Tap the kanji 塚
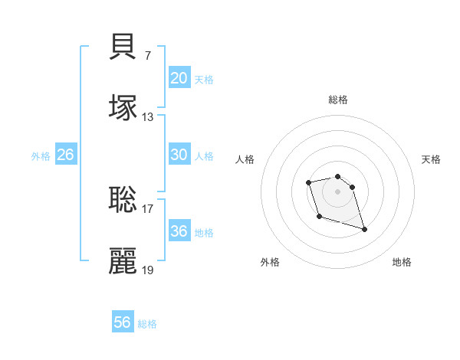123,106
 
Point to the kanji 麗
123,260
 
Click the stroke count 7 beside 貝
147,55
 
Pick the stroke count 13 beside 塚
148,116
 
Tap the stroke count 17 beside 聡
148,208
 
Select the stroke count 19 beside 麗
148,270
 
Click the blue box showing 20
179,78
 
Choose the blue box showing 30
179,155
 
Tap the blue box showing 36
179,231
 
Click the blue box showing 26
65,155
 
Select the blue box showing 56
122,322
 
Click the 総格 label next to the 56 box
147,324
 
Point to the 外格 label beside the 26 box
41,156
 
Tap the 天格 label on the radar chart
431,159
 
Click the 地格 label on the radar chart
402,262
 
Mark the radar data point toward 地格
364,228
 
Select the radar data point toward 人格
308,182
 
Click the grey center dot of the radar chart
337,191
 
